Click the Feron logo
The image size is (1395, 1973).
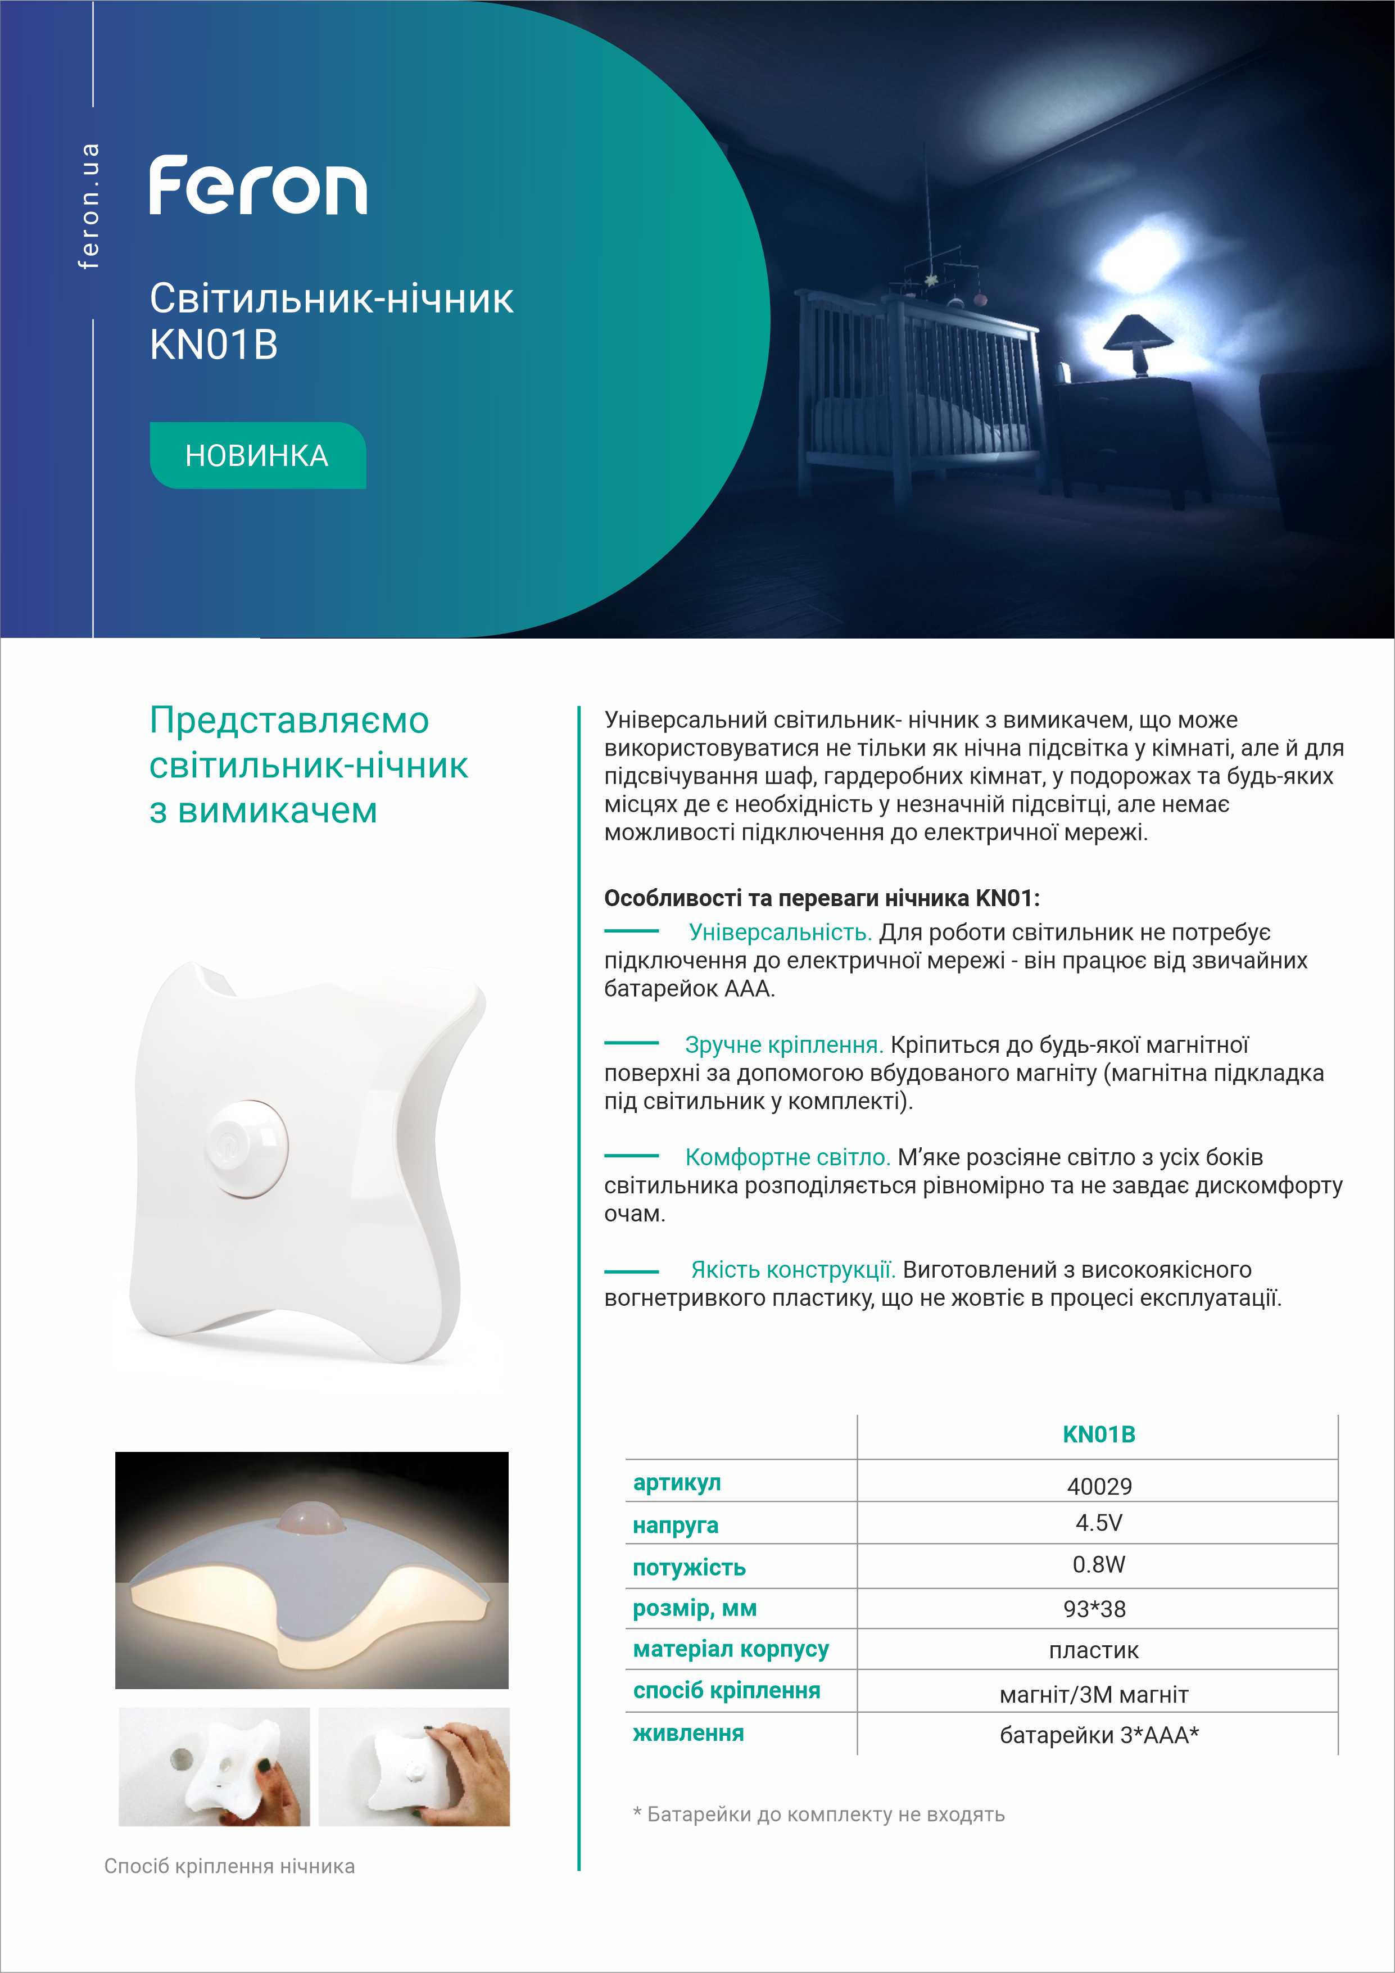257,185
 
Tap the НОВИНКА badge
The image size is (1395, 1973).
257,455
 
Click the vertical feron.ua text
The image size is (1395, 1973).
88,206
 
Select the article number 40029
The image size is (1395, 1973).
1099,1486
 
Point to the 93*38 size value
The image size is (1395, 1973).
1094,1609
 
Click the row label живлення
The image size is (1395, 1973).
688,1733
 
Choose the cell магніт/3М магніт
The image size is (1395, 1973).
1094,1695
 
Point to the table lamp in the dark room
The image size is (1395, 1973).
1140,343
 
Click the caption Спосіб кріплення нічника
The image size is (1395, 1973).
229,1866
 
